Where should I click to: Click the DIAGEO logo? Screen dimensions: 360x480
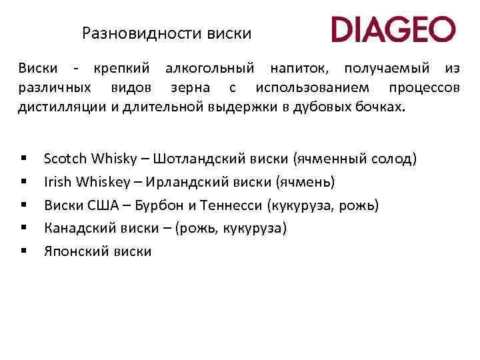click(x=393, y=30)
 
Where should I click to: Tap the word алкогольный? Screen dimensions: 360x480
click(x=210, y=69)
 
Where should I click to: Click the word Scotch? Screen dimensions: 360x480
click(x=65, y=159)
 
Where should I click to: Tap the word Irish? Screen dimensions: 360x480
click(x=56, y=182)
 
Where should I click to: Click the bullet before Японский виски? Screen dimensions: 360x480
click(x=23, y=251)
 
